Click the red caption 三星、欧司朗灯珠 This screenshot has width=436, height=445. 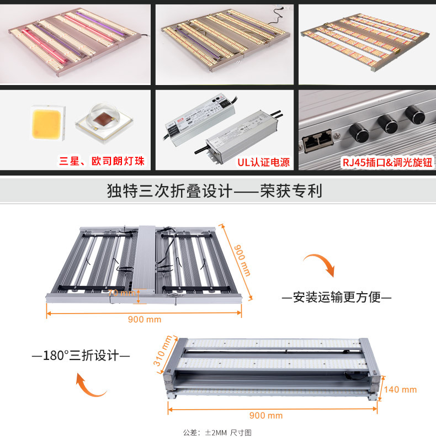(x=102, y=162)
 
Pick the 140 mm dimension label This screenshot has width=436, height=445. (x=401, y=389)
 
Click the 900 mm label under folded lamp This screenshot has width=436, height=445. (x=266, y=415)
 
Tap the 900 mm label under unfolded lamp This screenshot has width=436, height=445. (x=145, y=320)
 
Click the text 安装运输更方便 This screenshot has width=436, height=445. (x=337, y=298)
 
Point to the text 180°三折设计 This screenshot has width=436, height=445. (x=81, y=355)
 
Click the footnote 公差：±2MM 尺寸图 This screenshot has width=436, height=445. (x=217, y=433)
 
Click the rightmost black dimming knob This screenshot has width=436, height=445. (x=415, y=115)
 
